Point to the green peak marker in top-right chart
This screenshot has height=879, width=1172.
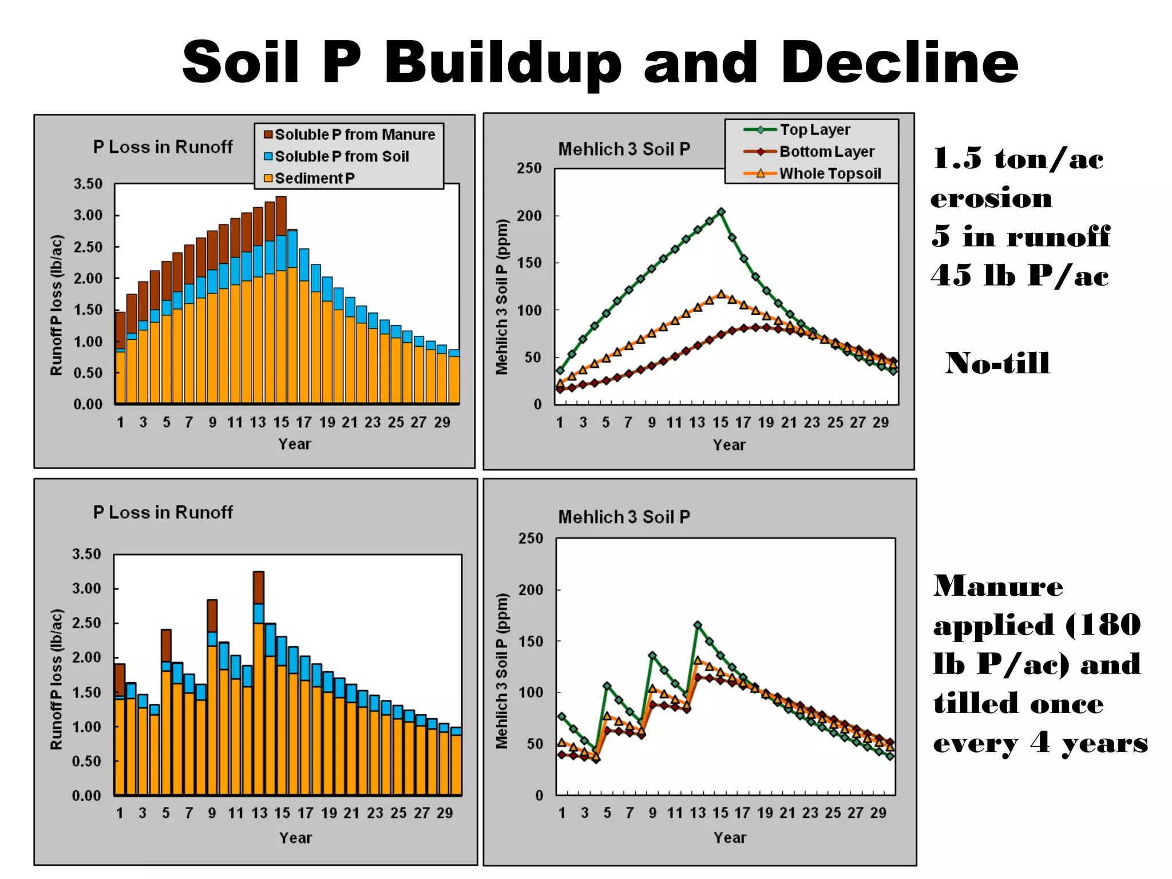pos(721,212)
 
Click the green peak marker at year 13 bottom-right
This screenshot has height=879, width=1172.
pos(698,625)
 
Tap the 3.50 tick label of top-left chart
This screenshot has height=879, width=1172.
pos(88,184)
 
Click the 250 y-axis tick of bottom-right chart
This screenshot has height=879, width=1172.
pos(530,539)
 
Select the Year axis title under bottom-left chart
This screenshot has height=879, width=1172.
pos(295,838)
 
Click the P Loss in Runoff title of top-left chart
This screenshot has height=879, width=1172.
pos(163,147)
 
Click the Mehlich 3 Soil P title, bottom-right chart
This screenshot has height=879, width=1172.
pos(624,517)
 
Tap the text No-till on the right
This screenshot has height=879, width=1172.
pos(997,363)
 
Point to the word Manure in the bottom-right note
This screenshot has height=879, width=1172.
pos(998,586)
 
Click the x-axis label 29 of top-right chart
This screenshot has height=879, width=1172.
pos(880,423)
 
